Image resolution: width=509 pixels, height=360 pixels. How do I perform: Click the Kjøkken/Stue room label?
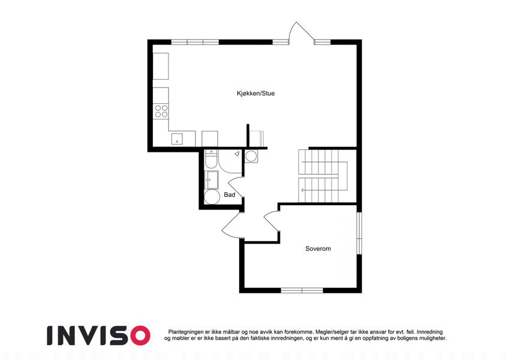[x=255, y=94]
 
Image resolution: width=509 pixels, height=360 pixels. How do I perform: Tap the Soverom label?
[x=318, y=248]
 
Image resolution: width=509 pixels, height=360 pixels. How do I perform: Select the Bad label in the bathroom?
[x=230, y=194]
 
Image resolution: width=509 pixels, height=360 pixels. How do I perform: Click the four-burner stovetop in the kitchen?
[x=161, y=111]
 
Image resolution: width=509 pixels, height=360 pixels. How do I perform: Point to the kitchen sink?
[x=177, y=139]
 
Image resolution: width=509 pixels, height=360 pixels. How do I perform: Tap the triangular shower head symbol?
[x=237, y=154]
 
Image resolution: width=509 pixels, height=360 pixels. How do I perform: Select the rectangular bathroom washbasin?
[x=212, y=179]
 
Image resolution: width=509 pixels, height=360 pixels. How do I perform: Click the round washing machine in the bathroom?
[x=212, y=197]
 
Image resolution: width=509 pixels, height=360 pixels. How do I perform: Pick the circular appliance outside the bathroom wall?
[x=251, y=156]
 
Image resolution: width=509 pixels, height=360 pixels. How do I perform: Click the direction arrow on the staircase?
[x=303, y=190]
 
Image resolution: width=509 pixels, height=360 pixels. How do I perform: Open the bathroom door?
[x=236, y=187]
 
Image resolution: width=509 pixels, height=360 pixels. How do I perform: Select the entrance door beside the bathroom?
[x=233, y=226]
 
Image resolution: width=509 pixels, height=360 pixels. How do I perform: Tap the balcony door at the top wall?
[x=301, y=32]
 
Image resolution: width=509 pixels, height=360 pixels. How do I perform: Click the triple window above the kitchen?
[x=195, y=42]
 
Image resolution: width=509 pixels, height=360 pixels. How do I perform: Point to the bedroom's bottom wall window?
[x=302, y=290]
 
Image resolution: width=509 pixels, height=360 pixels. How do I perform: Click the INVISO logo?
[x=99, y=335]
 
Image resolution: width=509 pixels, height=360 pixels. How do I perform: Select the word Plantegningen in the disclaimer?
[x=186, y=332]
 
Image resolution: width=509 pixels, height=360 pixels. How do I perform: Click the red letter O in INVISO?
[x=140, y=335]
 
